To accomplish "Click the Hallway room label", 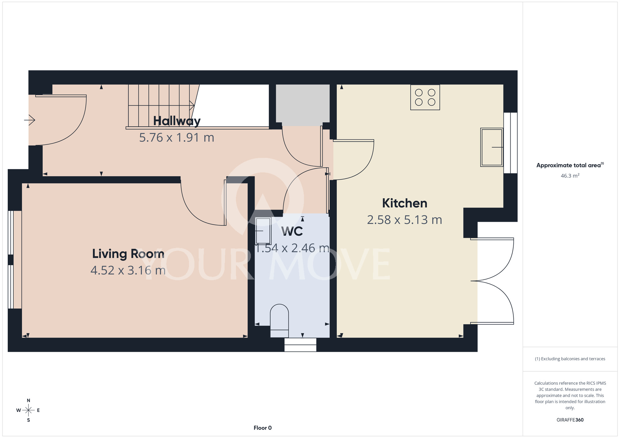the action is coord(177,121).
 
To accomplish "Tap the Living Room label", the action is coord(128,254).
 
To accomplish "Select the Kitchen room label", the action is coord(405,203).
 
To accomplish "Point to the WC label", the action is coord(292,231).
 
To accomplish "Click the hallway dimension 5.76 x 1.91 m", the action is coord(177,138).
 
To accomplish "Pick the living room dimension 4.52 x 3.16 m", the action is coord(128,270).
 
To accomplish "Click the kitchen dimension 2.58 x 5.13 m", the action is coord(405,220).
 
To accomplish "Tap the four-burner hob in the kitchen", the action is coord(425,97).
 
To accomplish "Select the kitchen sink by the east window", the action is coord(492,147).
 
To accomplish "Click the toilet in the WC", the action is coord(279,321).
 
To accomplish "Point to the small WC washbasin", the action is coord(263,231).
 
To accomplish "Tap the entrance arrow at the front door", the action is coord(30,120).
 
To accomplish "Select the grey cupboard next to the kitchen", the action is coord(303,104).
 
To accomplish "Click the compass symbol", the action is coord(28,410).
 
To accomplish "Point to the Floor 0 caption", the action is coord(263,428).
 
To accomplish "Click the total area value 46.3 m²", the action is coord(570,176).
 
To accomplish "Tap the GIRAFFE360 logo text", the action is coord(570,420).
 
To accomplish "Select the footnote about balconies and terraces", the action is coord(570,359).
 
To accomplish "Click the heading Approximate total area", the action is coord(570,165).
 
